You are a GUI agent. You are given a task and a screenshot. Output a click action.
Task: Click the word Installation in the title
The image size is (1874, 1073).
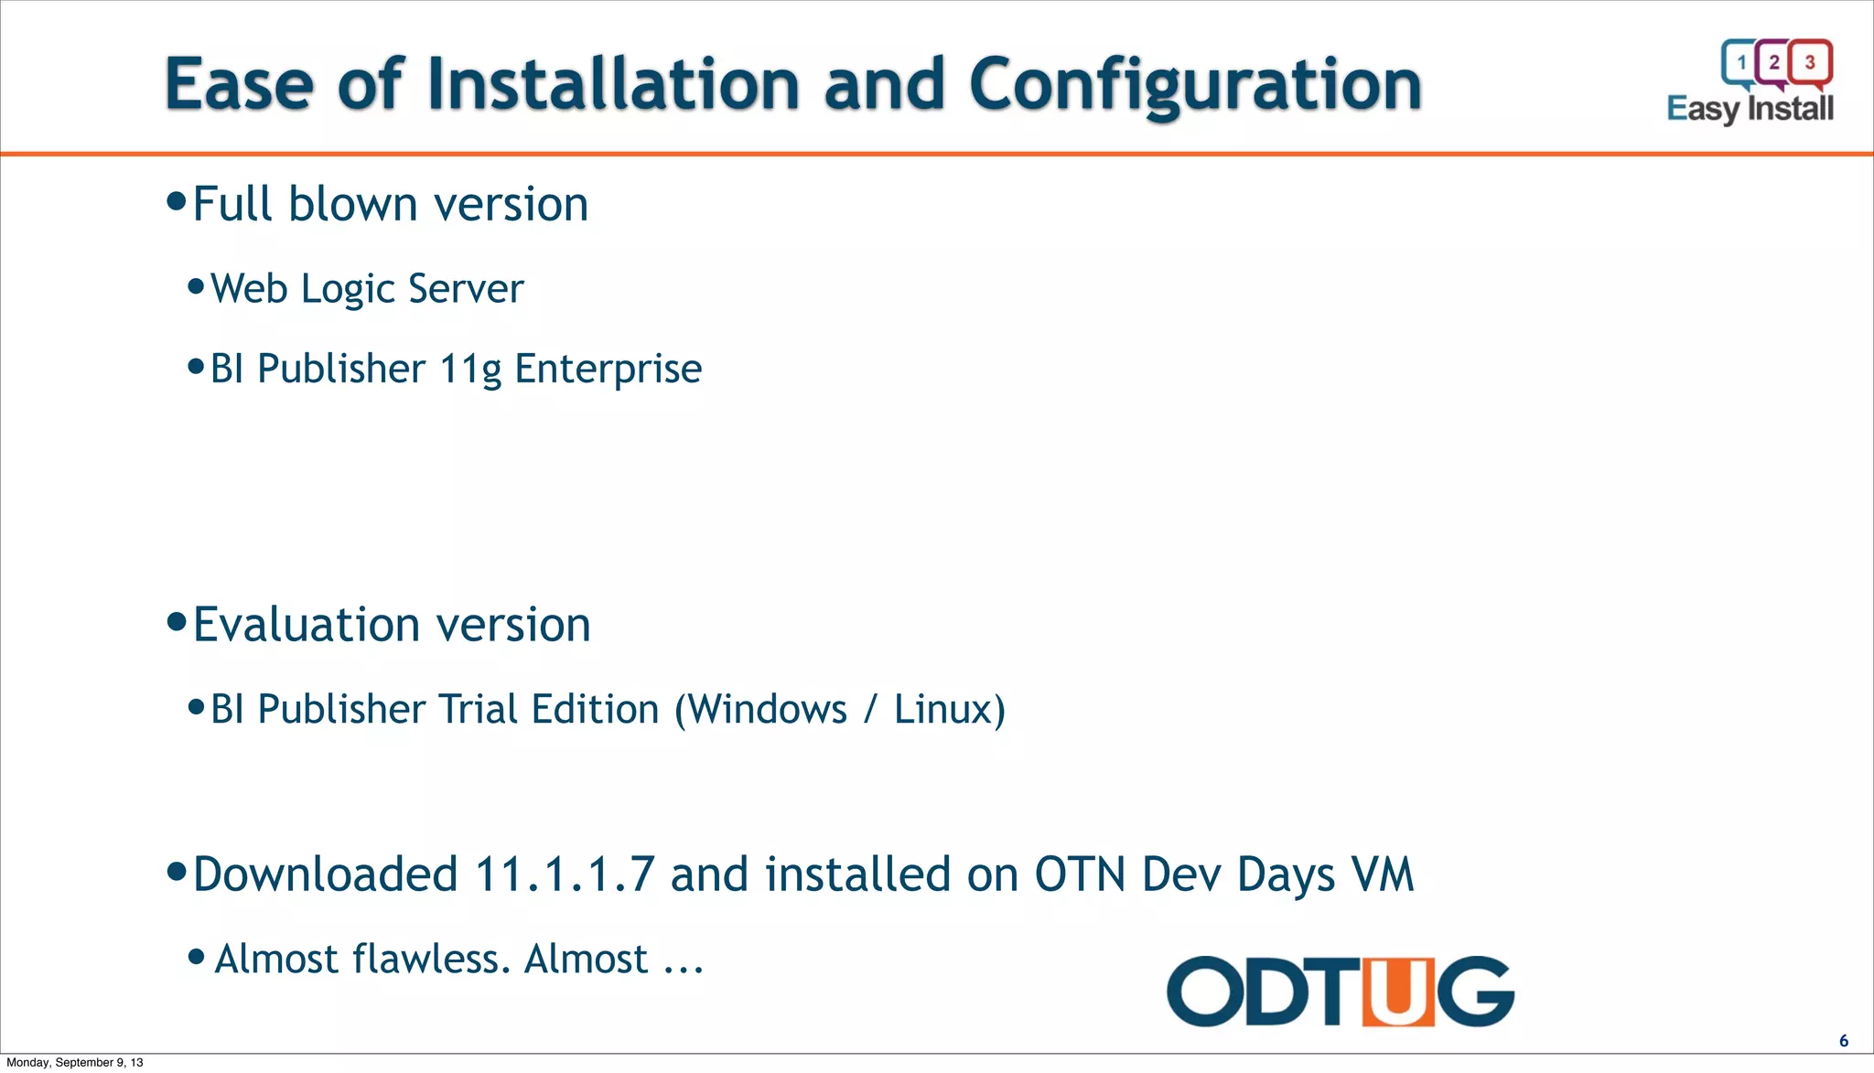pos(612,84)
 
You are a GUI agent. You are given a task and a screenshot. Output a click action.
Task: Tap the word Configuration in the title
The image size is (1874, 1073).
pos(1194,84)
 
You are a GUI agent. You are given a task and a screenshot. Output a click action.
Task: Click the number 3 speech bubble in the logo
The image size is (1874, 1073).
pos(1810,62)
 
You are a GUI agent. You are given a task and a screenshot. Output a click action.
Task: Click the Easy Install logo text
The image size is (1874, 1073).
pos(1750,109)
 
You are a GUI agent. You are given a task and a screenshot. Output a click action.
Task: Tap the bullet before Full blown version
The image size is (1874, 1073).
pos(177,201)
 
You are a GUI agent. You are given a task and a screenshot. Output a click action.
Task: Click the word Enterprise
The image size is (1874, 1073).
pos(608,370)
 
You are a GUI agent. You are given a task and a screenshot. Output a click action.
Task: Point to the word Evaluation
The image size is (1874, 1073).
pos(307,625)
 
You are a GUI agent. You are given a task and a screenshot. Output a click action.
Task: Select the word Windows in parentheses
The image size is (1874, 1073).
pos(767,710)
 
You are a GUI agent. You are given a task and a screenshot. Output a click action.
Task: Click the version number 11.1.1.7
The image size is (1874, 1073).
pos(565,874)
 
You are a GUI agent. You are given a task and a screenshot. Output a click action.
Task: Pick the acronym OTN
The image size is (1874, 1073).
pos(1080,874)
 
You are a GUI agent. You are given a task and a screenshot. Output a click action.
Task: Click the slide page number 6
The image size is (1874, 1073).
pos(1844,1041)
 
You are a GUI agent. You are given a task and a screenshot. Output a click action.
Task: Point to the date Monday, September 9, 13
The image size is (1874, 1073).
pos(75,1062)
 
